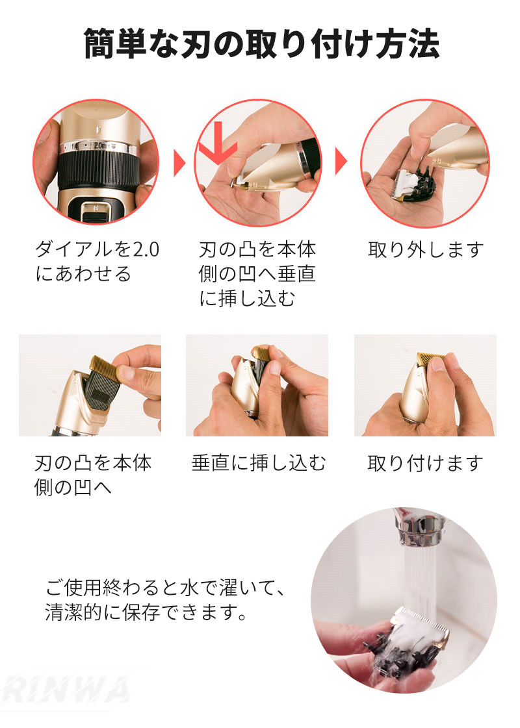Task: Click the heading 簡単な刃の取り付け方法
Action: click(x=261, y=44)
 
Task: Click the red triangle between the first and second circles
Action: click(x=179, y=163)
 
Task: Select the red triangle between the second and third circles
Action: click(x=341, y=162)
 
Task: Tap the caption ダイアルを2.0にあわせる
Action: click(x=97, y=262)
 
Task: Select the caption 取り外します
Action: click(x=426, y=250)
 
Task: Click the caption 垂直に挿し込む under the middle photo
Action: click(x=258, y=463)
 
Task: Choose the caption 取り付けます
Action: click(x=425, y=463)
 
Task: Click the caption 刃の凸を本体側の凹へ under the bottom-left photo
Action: click(x=93, y=475)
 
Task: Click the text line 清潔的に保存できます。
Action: click(x=146, y=612)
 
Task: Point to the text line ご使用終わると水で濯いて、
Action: click(x=164, y=588)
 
